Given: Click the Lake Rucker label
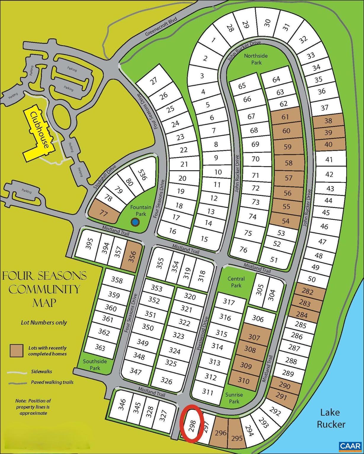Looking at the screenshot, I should (x=331, y=418).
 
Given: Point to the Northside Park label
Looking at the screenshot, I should (x=256, y=59).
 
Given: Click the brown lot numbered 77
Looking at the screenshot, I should (x=103, y=213).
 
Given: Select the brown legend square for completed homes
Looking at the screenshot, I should (x=17, y=351).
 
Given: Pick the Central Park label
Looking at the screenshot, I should (x=236, y=282).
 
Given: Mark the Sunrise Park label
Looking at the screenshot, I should (x=234, y=398).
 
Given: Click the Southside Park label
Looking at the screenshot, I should (x=95, y=364).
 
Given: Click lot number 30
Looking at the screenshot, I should (x=267, y=23).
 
